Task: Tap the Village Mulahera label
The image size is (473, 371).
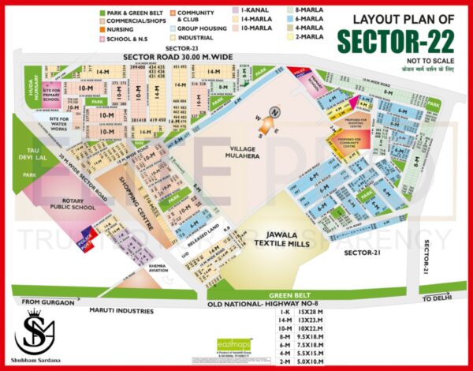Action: click(250, 152)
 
